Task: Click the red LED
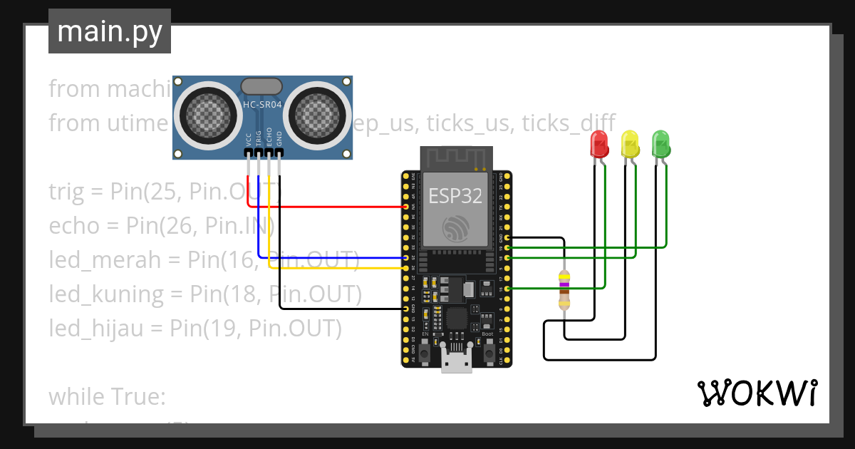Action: tap(599, 144)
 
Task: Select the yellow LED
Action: tap(630, 144)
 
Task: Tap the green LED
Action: tap(661, 144)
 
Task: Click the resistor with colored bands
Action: tap(564, 291)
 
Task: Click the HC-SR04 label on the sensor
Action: tap(261, 105)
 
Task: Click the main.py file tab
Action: tap(110, 31)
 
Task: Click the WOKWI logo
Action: tap(757, 393)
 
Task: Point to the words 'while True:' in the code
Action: tap(107, 396)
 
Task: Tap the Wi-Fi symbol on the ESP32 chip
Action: tap(455, 227)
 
